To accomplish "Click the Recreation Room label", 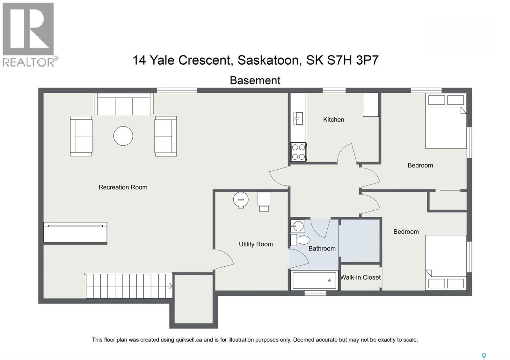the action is click(x=123, y=187).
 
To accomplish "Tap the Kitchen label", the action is click(x=333, y=119).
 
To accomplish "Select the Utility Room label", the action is click(x=256, y=244).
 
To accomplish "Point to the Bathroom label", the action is click(x=322, y=248).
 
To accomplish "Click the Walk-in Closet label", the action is click(x=361, y=277).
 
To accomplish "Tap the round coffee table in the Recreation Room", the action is click(x=123, y=136).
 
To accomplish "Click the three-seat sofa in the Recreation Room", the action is click(x=124, y=104).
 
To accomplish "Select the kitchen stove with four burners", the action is click(x=298, y=152).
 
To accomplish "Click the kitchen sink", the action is click(x=298, y=118).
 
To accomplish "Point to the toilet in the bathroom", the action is click(x=300, y=240).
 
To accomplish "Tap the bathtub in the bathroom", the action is click(x=314, y=280).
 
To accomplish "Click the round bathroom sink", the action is click(x=298, y=226).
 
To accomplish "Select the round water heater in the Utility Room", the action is click(x=241, y=200).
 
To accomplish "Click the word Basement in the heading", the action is click(x=255, y=80).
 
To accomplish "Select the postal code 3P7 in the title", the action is click(x=367, y=60).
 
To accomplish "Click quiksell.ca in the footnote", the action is click(x=189, y=340).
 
